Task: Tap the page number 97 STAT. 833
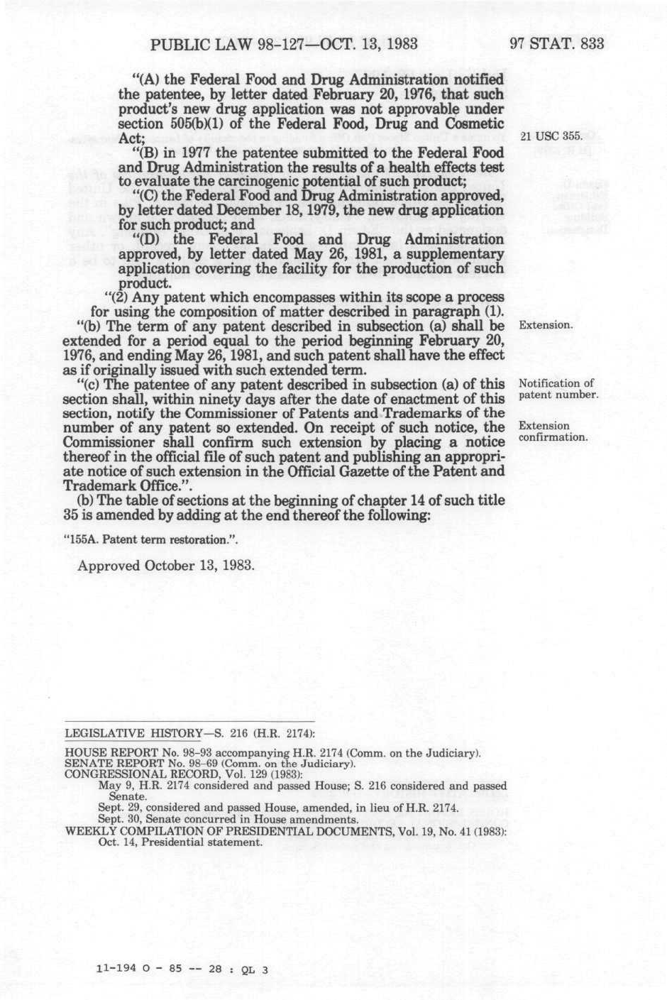(557, 44)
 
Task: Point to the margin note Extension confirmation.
(553, 432)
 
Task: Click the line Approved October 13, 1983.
(165, 566)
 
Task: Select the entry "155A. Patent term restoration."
(150, 539)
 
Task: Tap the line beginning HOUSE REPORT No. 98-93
(273, 753)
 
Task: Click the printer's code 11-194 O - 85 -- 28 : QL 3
(182, 969)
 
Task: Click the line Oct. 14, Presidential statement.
(180, 842)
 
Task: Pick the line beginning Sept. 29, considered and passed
(278, 808)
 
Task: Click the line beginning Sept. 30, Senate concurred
(228, 819)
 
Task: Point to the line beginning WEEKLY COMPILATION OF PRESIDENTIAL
(285, 832)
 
